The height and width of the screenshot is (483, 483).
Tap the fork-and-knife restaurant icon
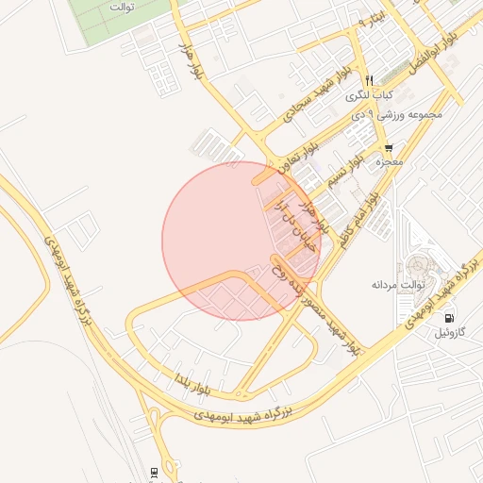coord(370,80)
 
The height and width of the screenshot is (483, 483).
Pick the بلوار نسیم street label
coord(343,169)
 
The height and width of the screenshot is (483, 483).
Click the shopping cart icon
coord(388,149)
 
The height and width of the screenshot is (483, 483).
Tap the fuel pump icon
coord(447,318)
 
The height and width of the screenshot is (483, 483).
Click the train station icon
coord(154,471)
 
